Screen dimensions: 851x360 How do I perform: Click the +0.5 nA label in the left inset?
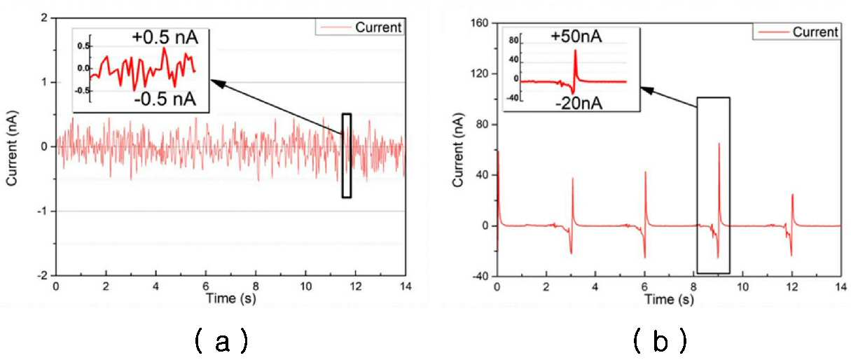(165, 38)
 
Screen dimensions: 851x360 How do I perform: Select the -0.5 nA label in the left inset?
(165, 99)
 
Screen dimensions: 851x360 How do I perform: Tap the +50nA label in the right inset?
(576, 36)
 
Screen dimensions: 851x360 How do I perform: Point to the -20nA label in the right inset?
(579, 103)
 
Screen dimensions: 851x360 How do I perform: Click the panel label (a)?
(222, 341)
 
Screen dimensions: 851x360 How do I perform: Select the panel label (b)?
(660, 341)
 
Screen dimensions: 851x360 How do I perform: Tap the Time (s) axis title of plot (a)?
(231, 298)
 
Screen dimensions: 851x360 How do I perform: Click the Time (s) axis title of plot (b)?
(669, 300)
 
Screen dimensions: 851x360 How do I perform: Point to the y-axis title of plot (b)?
(459, 150)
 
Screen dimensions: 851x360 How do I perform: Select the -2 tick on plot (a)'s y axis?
(43, 276)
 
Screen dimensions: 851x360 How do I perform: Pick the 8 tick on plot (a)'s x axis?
(256, 286)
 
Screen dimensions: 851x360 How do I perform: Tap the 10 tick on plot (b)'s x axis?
(742, 287)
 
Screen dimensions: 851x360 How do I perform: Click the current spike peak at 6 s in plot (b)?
(645, 172)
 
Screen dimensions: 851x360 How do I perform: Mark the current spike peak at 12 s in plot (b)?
(792, 195)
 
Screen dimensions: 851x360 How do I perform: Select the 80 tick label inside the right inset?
(513, 40)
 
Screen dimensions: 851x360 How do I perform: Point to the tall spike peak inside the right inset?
(576, 50)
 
